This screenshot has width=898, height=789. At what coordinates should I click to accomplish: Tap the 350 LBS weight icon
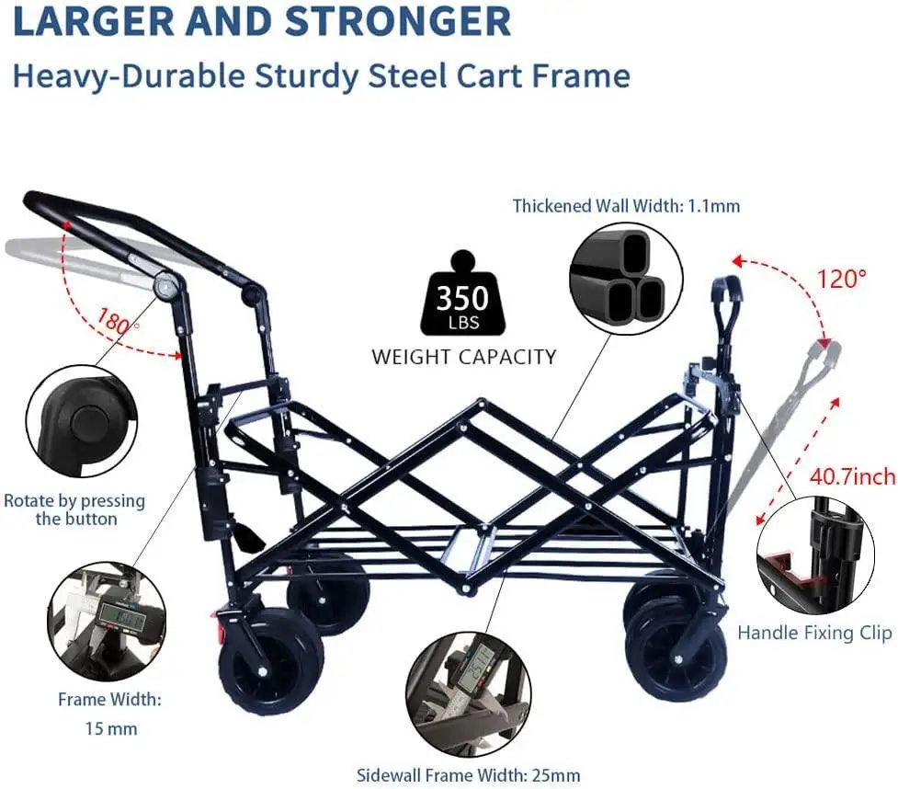coord(462,296)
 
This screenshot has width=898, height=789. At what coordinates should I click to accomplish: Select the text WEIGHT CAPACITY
coord(463,356)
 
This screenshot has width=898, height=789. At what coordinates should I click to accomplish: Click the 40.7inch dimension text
coord(852,476)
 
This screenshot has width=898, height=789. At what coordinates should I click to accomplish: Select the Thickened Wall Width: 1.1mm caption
coord(626,206)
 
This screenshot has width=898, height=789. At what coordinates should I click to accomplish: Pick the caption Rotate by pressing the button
coord(75,509)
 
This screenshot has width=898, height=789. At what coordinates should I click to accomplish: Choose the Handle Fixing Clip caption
coord(814,633)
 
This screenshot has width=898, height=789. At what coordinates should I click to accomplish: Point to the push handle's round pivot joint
coord(166,285)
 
